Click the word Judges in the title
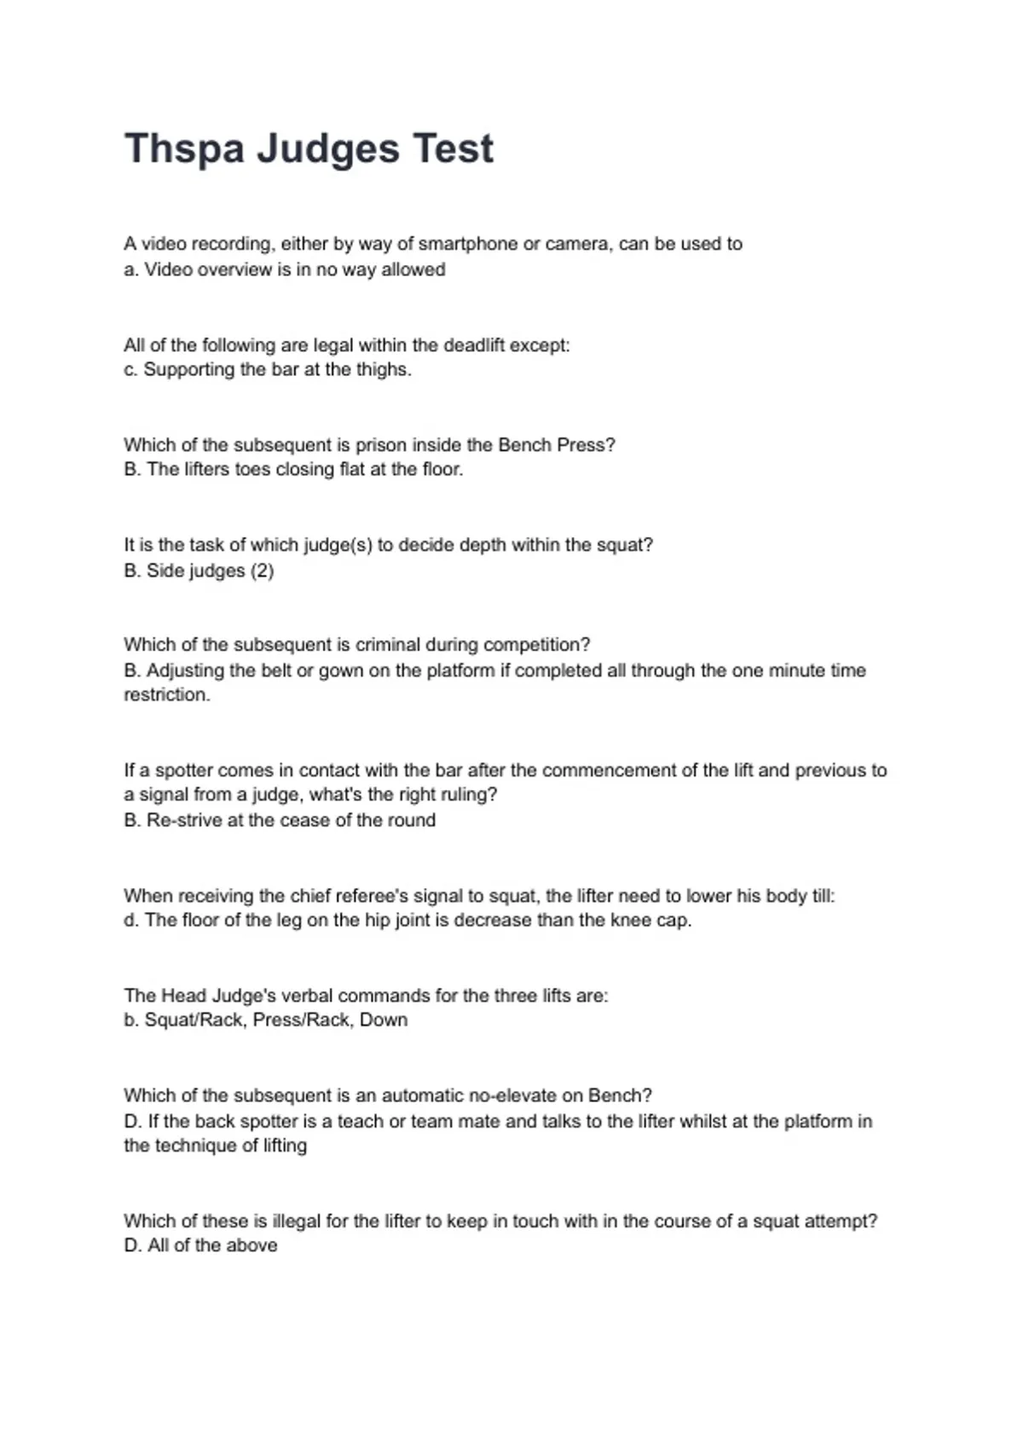coord(328,149)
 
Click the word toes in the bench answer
coord(252,470)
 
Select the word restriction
coord(166,695)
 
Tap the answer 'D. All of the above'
coord(200,1246)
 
